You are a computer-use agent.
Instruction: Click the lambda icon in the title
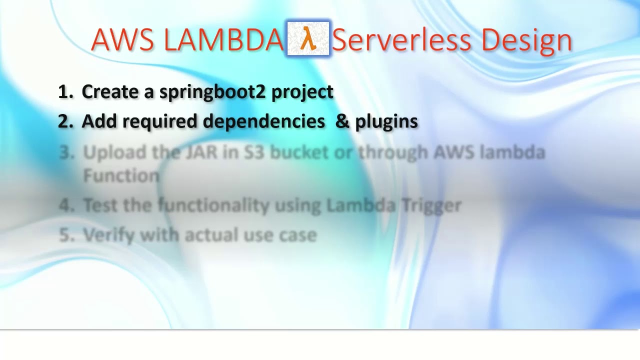coord(308,38)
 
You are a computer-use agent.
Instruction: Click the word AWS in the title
coord(122,40)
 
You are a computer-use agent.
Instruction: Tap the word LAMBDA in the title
coord(223,40)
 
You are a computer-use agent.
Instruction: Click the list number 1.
coord(64,92)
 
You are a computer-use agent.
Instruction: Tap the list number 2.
coord(64,121)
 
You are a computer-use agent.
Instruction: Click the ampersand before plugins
coord(342,121)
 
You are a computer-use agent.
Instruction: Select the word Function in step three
coord(121,175)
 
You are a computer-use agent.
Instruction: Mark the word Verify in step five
coord(108,235)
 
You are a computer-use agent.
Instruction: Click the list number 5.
coord(65,235)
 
